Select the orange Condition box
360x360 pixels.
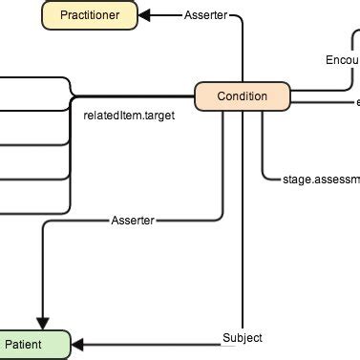[242, 96]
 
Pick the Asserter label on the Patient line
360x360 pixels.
[133, 221]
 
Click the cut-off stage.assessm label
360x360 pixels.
[321, 178]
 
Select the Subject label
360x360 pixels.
[242, 338]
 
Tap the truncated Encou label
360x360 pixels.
[341, 60]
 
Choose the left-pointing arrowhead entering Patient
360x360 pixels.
[78, 344]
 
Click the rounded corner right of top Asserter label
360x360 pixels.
[240, 18]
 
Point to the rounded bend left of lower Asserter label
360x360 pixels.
[45, 224]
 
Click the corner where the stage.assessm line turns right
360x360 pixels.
[263, 175]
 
